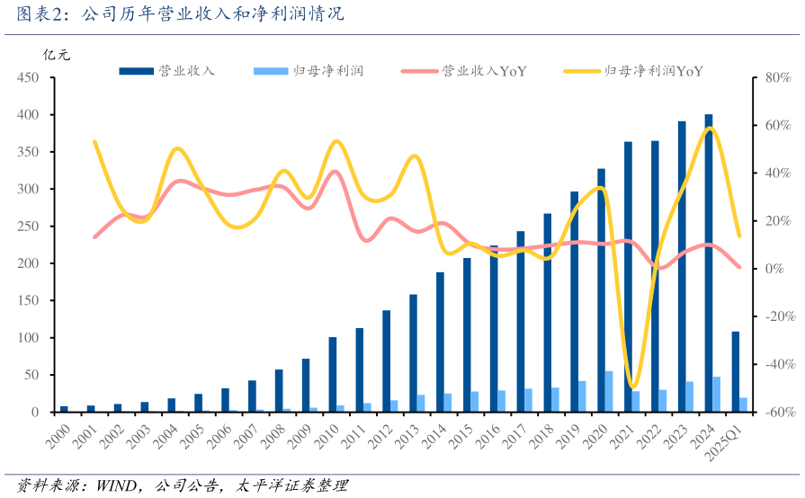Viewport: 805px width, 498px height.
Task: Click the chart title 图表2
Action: (180, 15)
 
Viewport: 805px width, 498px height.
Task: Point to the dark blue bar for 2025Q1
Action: (736, 370)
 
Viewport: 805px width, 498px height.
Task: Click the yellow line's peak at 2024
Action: (711, 129)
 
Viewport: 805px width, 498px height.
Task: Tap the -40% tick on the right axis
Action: (775, 364)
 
